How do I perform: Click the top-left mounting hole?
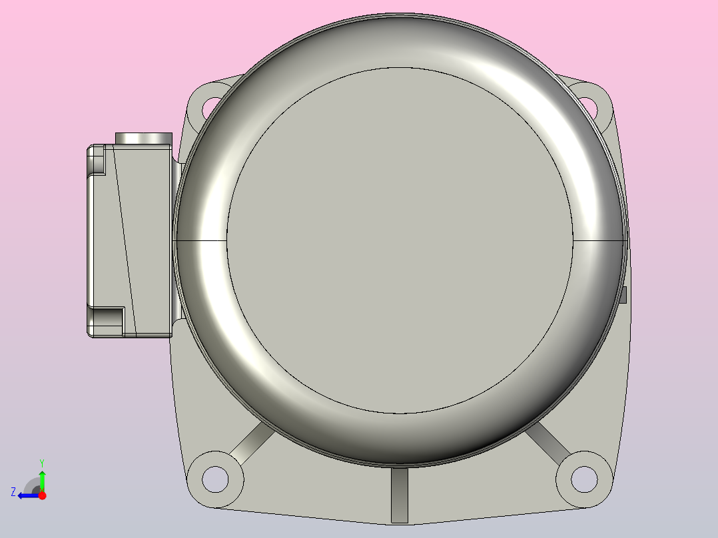click(x=211, y=105)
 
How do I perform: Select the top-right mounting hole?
click(x=587, y=104)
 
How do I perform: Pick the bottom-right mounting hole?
click(x=584, y=477)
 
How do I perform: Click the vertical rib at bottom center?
click(x=399, y=494)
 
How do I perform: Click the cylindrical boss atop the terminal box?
click(x=144, y=138)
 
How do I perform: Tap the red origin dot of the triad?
click(x=42, y=495)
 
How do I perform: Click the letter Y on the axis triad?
click(x=42, y=462)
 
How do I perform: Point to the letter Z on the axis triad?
click(x=13, y=492)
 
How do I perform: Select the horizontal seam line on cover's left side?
click(x=200, y=239)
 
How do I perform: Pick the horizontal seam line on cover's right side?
click(x=599, y=239)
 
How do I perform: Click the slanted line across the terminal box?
click(x=125, y=240)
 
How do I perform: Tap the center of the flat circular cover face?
click(x=400, y=240)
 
